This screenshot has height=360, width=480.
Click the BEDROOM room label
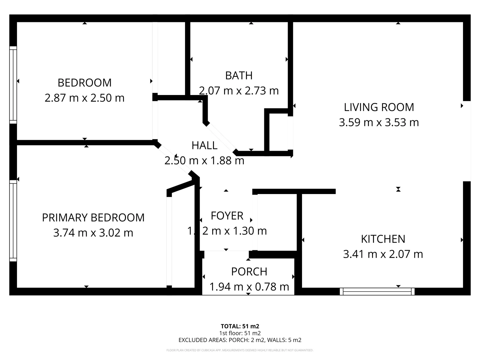84,83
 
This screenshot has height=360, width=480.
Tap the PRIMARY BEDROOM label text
93,218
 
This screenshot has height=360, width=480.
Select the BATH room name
239,76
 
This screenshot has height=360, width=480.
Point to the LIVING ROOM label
379,107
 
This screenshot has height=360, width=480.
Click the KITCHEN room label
383,239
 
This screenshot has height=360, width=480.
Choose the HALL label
204,145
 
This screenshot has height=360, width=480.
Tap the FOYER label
227,216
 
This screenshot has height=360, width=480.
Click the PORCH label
249,272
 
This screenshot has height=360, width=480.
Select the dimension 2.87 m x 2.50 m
84,98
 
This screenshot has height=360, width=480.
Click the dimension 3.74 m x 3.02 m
93,233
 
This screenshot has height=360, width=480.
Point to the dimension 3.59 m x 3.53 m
379,122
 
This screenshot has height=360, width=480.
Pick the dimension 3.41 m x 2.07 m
383,254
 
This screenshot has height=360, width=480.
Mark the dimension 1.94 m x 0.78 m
249,287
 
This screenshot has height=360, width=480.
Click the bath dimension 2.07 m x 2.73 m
239,91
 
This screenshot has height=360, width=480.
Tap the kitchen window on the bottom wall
377,292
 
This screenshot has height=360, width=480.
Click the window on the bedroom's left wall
13,85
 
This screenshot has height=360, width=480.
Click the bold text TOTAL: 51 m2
240,326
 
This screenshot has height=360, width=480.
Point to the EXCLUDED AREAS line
240,340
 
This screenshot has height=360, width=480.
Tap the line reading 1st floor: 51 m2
240,333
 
